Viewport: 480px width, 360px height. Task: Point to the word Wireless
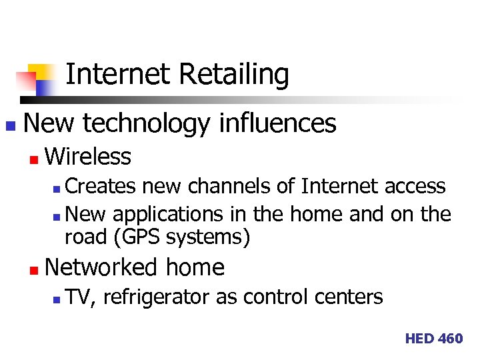pyautogui.click(x=88, y=157)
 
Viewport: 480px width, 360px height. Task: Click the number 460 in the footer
pyautogui.click(x=450, y=339)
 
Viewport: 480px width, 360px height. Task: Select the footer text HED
pyautogui.click(x=419, y=339)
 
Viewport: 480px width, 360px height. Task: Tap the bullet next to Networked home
pyautogui.click(x=33, y=269)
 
